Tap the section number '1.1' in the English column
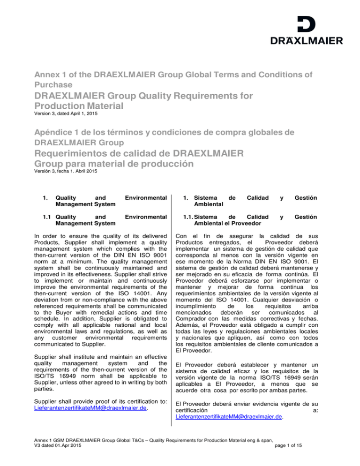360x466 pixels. coord(45,217)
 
